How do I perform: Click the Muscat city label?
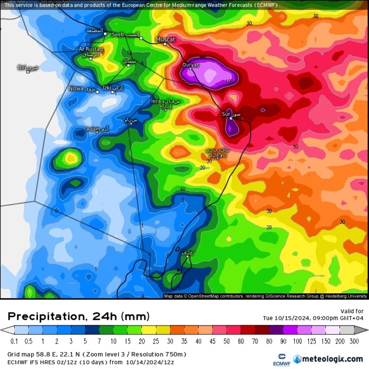pos(165,39)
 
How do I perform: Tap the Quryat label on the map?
pos(190,65)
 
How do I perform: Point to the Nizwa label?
pos(76,89)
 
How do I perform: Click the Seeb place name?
pos(118,34)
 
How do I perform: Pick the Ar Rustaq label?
pos(91,49)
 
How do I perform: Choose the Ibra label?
pos(156,101)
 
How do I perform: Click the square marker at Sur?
pos(231,118)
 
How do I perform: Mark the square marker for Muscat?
pos(165,44)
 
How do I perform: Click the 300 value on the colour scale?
pos(354,341)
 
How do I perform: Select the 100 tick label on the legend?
pos(297,341)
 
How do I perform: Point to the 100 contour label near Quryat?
pos(229,81)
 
